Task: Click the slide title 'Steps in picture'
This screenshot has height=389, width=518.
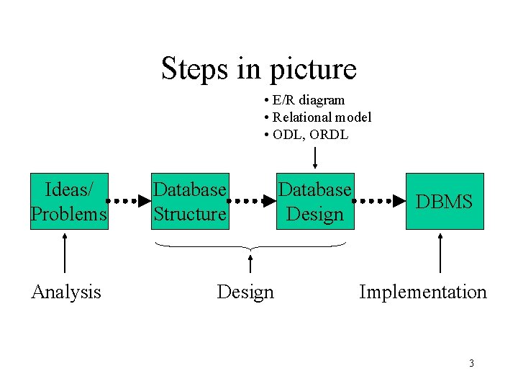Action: pos(258,69)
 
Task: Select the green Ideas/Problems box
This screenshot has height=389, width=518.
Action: pos(69,201)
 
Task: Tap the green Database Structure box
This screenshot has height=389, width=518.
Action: pos(189,201)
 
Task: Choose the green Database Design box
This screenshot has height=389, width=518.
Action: pos(315,201)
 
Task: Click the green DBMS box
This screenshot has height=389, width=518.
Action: pos(445,201)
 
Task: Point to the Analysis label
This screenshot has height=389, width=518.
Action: pos(66,292)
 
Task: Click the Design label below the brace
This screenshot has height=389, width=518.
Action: pos(245,292)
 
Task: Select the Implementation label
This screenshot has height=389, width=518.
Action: pos(422,292)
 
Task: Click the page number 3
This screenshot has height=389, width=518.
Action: pos(471,363)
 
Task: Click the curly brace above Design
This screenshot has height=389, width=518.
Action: pos(250,248)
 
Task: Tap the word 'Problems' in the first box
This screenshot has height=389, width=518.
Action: pos(69,214)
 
